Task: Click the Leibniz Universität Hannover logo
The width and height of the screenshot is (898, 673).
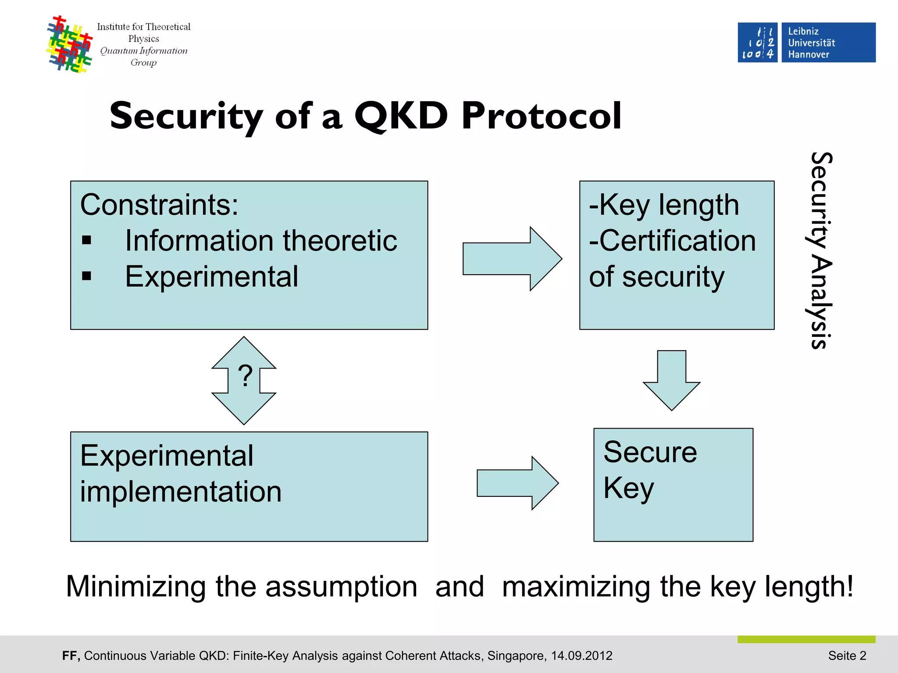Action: [806, 43]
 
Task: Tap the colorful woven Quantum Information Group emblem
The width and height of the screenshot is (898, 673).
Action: [70, 44]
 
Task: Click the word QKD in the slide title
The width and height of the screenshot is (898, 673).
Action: [401, 116]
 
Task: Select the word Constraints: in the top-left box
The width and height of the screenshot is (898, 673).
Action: [159, 205]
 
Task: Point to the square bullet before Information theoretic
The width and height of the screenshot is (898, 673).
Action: [87, 240]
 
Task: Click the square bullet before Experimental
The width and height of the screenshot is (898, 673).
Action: [87, 276]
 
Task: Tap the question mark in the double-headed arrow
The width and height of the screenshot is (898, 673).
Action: [245, 376]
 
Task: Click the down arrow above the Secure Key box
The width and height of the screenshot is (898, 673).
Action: [671, 380]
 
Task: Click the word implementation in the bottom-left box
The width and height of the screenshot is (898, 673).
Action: [181, 491]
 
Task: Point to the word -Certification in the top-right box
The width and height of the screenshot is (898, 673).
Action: [672, 241]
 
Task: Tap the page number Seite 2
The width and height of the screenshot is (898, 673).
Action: [847, 655]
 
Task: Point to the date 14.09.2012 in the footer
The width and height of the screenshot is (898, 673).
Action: [581, 655]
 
